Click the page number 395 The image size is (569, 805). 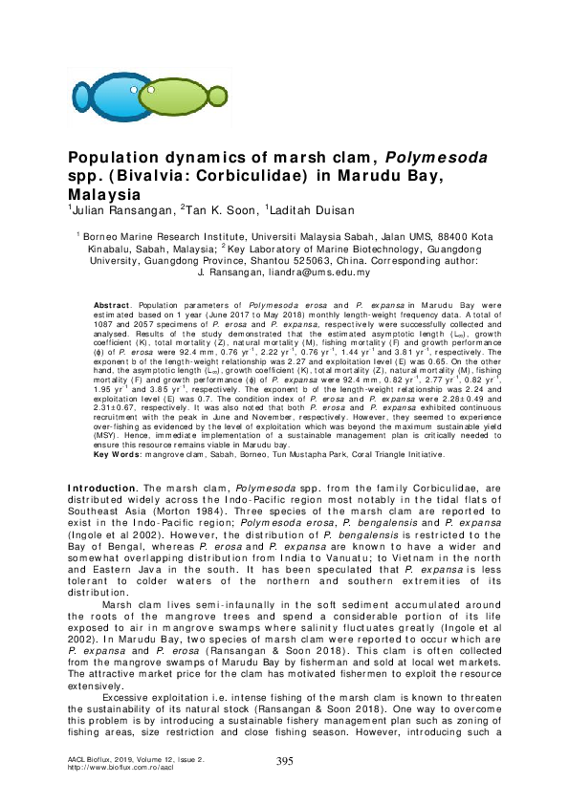click(x=284, y=760)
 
